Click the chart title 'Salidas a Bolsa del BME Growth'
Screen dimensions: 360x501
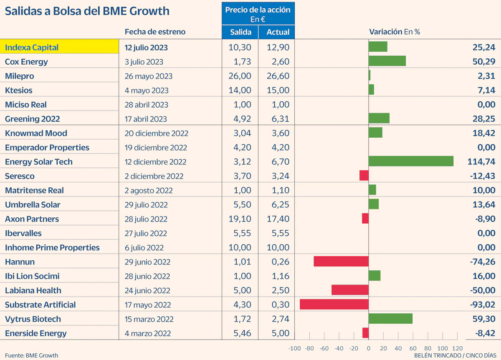tap(87, 11)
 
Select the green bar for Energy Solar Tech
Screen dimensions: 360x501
tap(411, 161)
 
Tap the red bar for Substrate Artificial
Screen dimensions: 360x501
tap(334, 305)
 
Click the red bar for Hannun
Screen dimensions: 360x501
tap(341, 262)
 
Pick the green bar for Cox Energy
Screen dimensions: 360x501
tap(387, 61)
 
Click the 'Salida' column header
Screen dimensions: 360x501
tap(240, 32)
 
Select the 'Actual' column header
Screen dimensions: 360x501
tap(276, 32)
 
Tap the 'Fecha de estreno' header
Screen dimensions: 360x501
tap(155, 32)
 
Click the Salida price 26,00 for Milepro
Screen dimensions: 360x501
tap(240, 76)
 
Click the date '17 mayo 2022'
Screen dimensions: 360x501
tap(148, 305)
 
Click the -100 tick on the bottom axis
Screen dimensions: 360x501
tap(294, 349)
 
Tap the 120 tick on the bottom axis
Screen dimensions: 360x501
tap(458, 349)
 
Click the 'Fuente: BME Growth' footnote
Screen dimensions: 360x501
tap(31, 355)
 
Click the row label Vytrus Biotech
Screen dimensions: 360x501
tap(33, 319)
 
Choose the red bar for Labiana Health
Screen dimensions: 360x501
tap(350, 290)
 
